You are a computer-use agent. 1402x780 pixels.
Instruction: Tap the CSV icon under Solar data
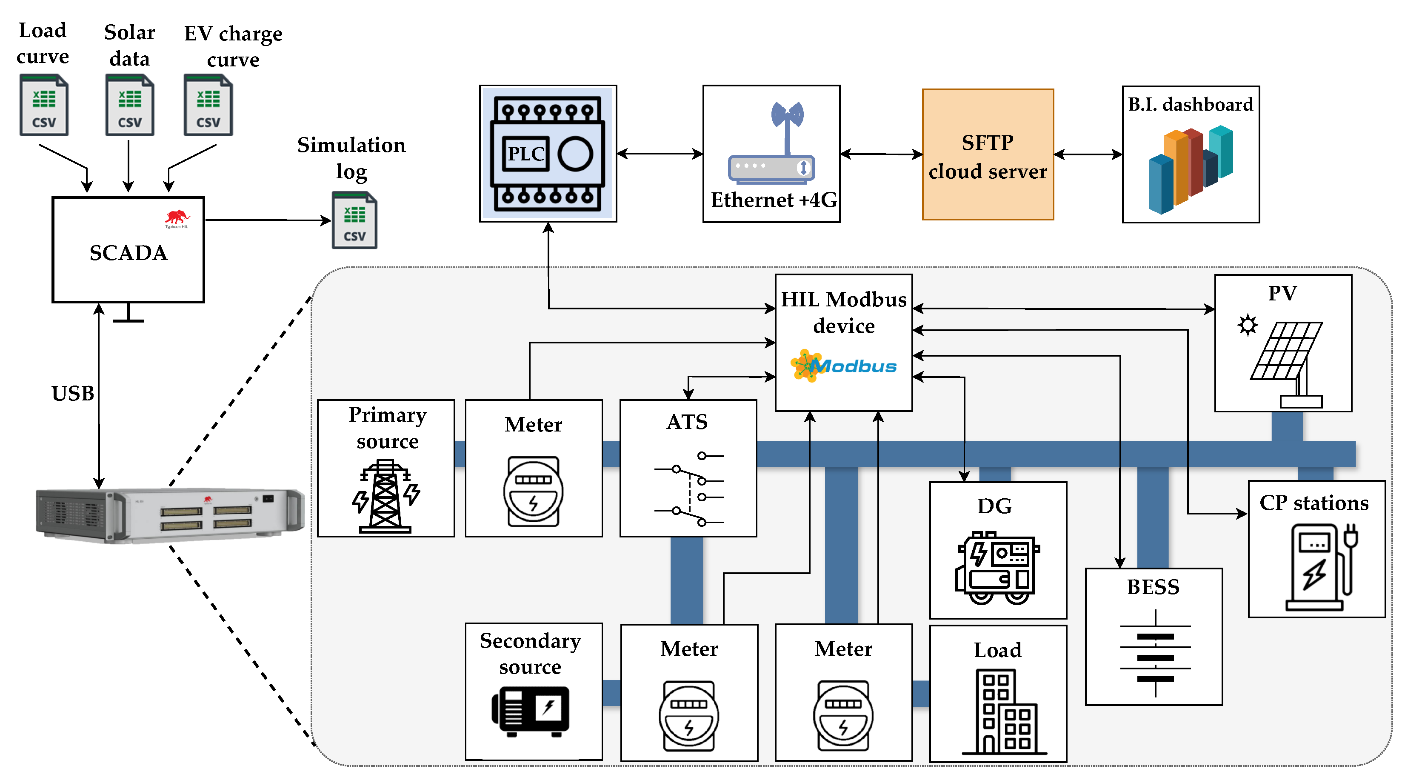pyautogui.click(x=129, y=105)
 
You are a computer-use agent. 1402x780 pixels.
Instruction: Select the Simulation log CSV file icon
pyautogui.click(x=354, y=220)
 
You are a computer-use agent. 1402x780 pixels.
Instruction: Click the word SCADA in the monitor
pyautogui.click(x=128, y=253)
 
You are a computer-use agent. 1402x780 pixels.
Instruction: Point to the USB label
pyautogui.click(x=72, y=393)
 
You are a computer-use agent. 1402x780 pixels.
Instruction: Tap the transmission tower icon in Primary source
pyautogui.click(x=385, y=496)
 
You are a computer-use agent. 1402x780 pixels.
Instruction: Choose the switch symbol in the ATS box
pyautogui.click(x=689, y=489)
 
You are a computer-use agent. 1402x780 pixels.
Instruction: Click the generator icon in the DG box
pyautogui.click(x=997, y=568)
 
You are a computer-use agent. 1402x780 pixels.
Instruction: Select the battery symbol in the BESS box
pyautogui.click(x=1155, y=653)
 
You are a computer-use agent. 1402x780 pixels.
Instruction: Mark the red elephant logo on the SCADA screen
pyautogui.click(x=176, y=218)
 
